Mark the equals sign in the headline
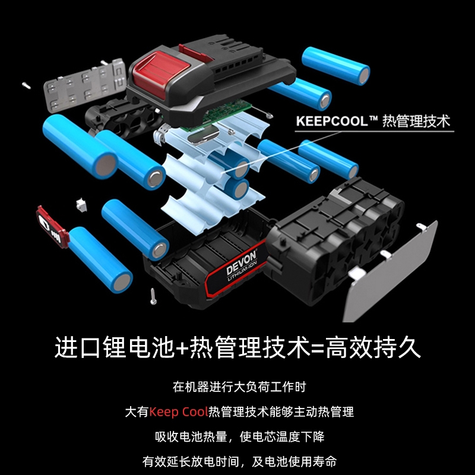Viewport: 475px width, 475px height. coord(317,347)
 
